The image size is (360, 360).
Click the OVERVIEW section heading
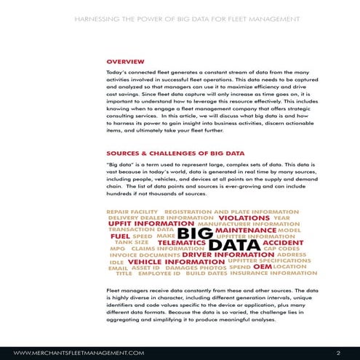click(x=125, y=62)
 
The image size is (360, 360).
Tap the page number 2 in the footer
click(x=338, y=352)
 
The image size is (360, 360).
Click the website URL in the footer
click(x=79, y=352)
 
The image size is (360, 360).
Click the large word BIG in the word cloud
click(x=195, y=233)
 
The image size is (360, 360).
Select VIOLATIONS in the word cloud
click(x=244, y=217)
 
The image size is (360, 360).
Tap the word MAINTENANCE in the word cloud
click(x=246, y=230)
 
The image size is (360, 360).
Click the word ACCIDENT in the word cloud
click(x=282, y=243)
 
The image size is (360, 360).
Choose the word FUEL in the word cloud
click(x=120, y=236)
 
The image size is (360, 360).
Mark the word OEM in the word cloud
click(x=262, y=267)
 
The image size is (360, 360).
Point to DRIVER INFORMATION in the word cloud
click(x=217, y=255)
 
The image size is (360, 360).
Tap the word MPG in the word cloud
click(x=117, y=249)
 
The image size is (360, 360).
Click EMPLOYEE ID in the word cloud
click(x=159, y=274)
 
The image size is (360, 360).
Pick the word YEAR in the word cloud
click(x=282, y=217)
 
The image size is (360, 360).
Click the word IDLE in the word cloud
click(x=116, y=262)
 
